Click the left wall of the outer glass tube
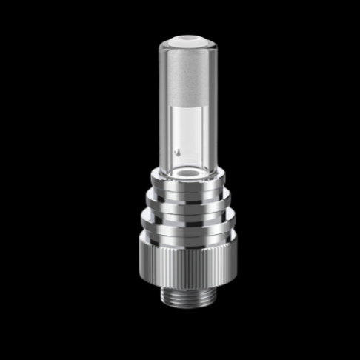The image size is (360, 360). [162, 104]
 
